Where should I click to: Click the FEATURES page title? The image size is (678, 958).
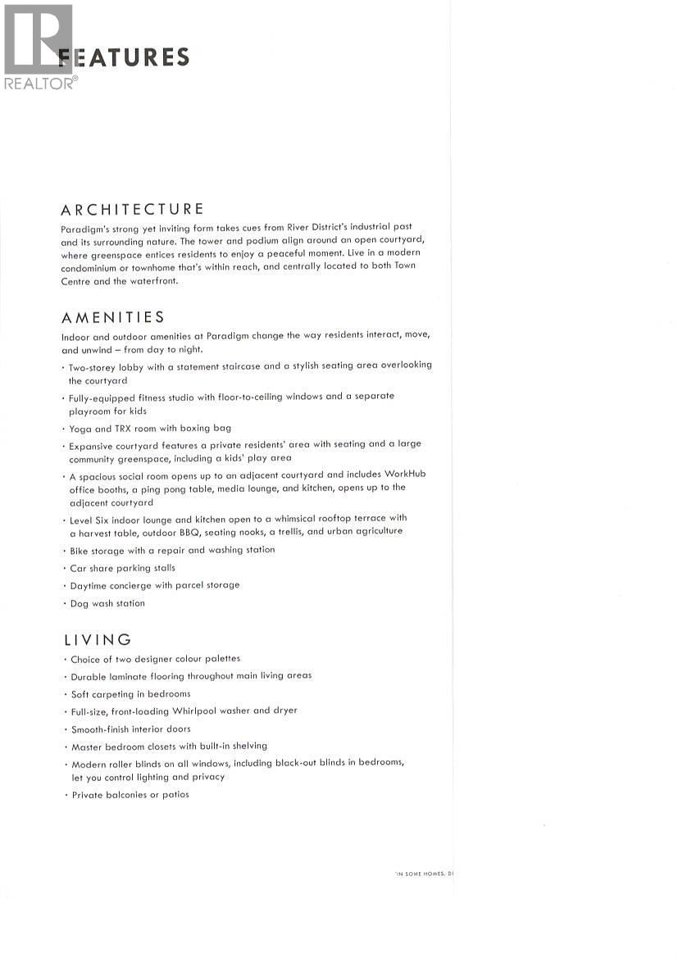pyautogui.click(x=125, y=57)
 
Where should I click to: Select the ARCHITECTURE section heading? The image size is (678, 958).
pyautogui.click(x=133, y=209)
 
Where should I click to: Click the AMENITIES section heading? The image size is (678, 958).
pyautogui.click(x=113, y=317)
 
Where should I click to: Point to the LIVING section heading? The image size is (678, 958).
pyautogui.click(x=97, y=639)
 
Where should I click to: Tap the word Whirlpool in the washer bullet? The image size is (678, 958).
pyautogui.click(x=194, y=711)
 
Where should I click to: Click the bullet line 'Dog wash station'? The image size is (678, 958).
pyautogui.click(x=107, y=603)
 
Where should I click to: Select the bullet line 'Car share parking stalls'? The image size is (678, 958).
pyautogui.click(x=122, y=568)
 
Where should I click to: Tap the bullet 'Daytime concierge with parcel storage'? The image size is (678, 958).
pyautogui.click(x=155, y=585)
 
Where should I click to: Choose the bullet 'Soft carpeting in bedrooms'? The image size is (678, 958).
pyautogui.click(x=130, y=693)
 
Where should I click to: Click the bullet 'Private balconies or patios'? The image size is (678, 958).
pyautogui.click(x=130, y=794)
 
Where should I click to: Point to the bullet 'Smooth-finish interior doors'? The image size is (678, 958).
pyautogui.click(x=131, y=729)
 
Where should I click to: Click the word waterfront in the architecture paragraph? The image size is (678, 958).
pyautogui.click(x=151, y=281)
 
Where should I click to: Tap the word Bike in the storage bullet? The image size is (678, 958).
pyautogui.click(x=79, y=550)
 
